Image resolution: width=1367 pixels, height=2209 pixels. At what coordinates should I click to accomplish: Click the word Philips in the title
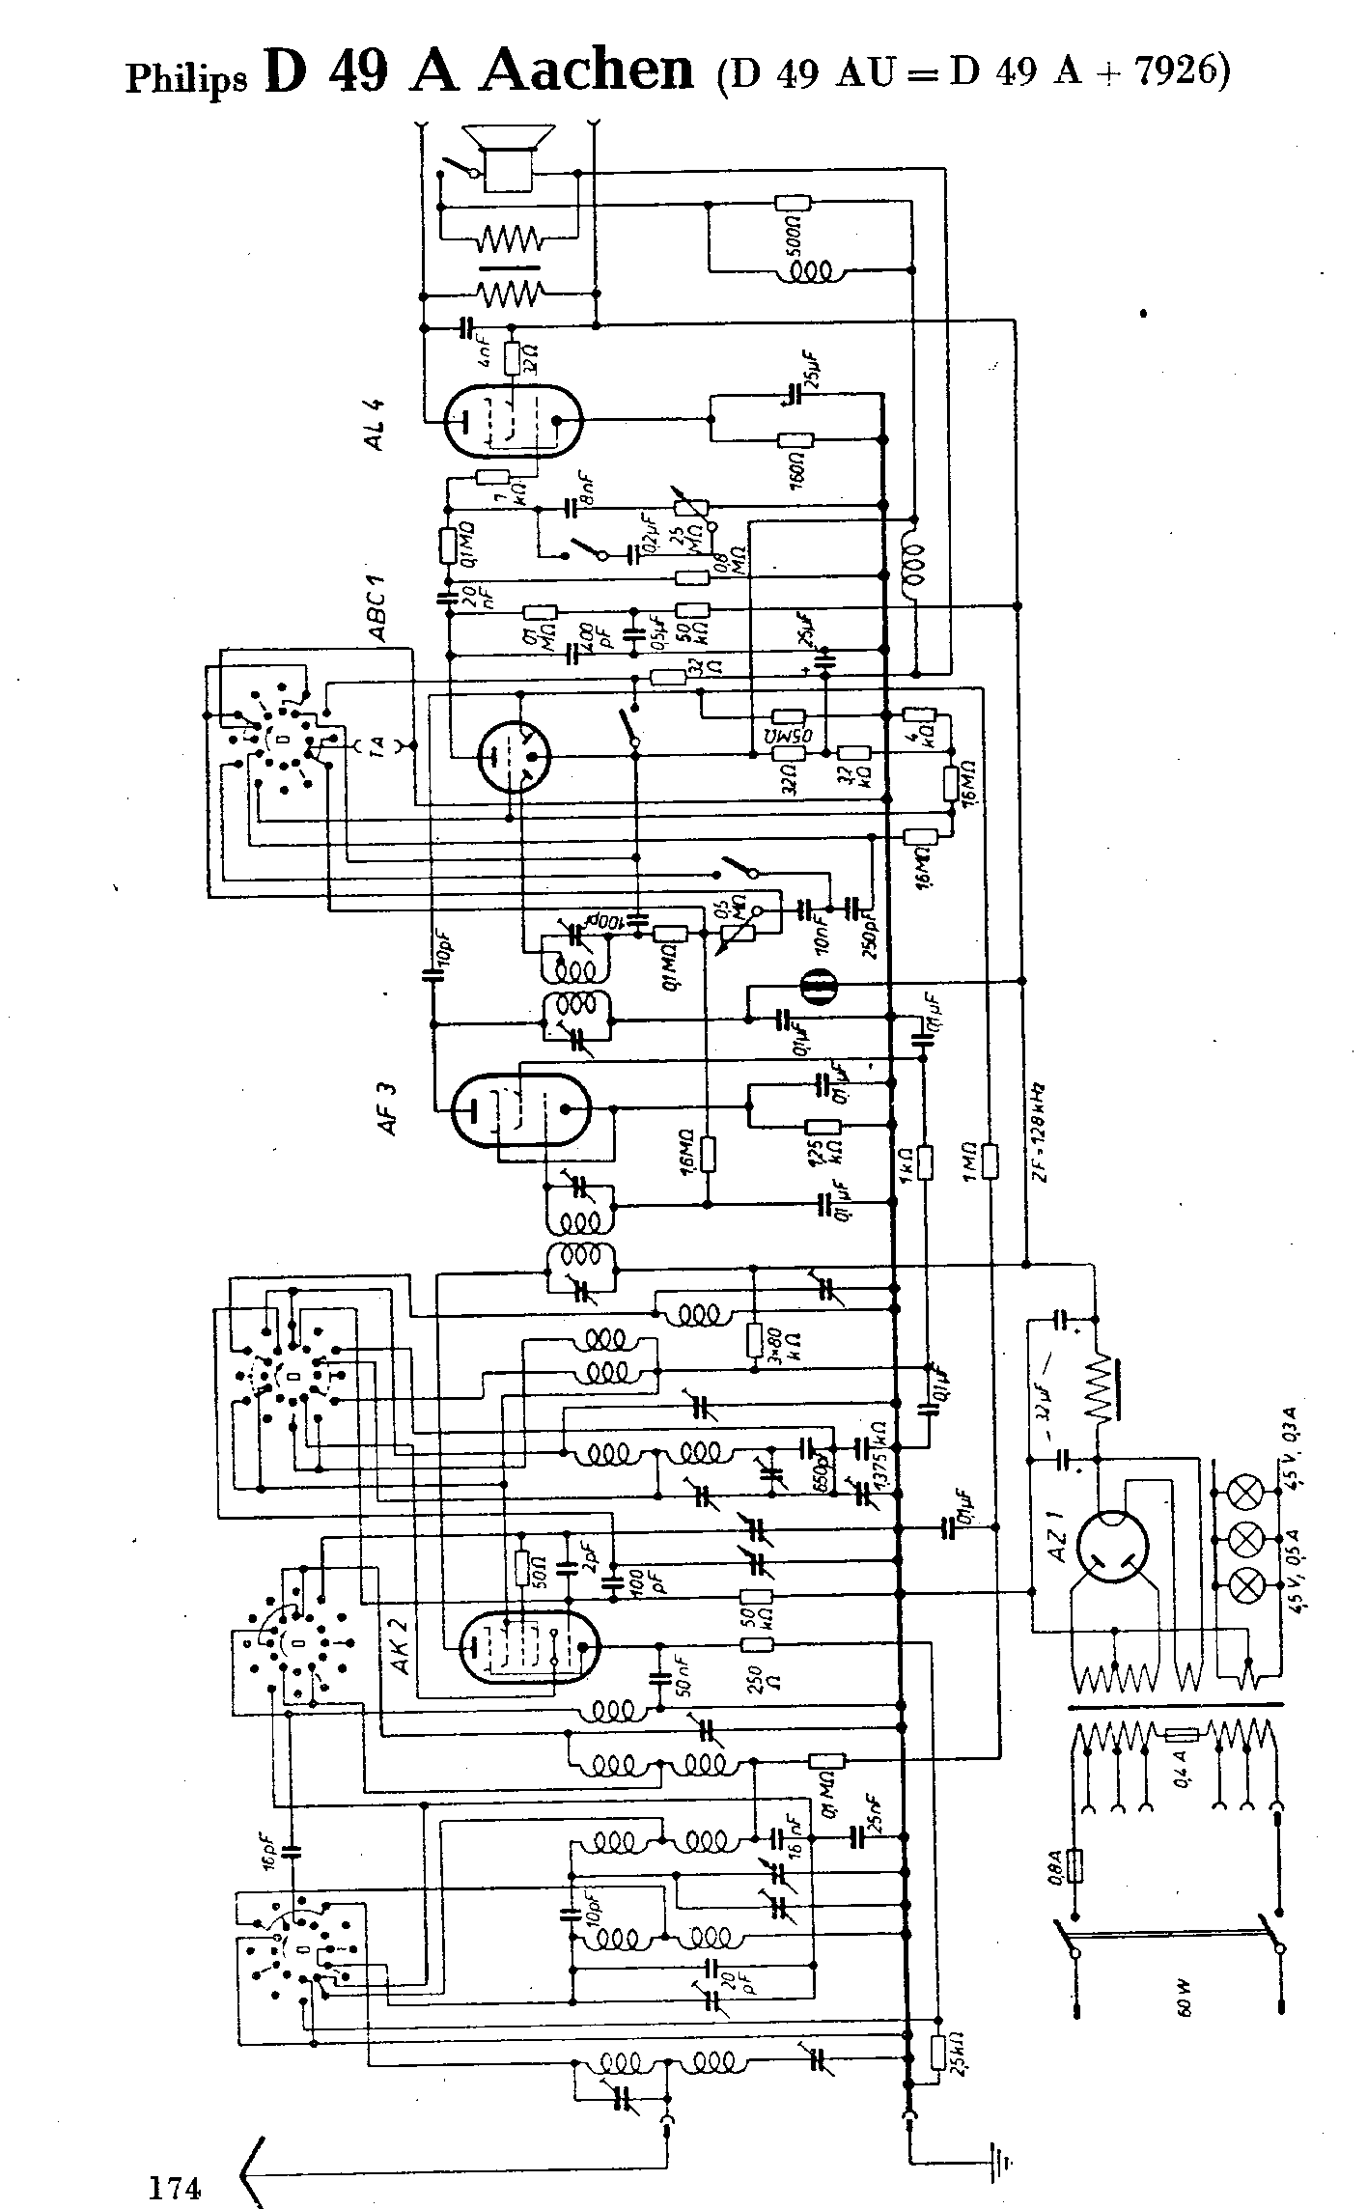click(186, 79)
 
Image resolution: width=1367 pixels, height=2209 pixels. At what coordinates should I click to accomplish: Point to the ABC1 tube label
click(376, 607)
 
